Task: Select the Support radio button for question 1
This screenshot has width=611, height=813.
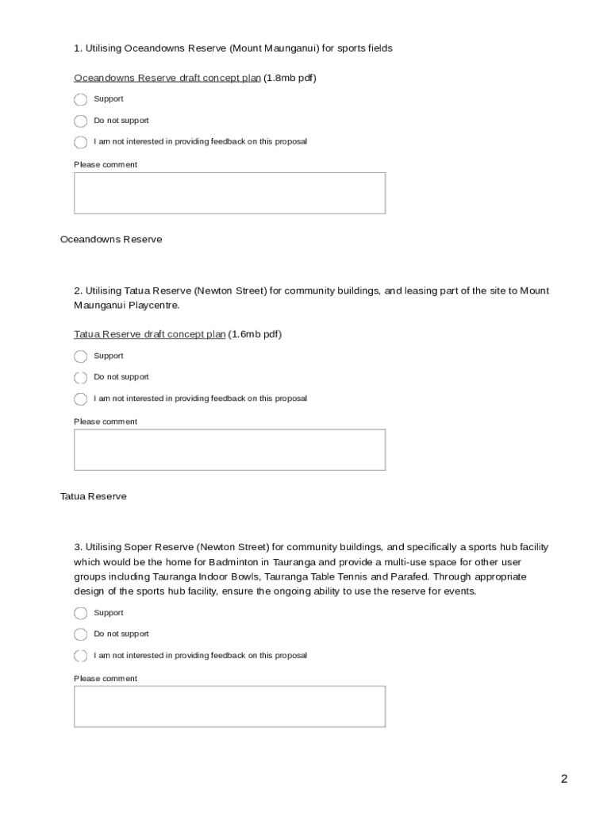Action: coord(80,100)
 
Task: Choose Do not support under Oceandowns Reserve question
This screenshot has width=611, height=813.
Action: coord(80,121)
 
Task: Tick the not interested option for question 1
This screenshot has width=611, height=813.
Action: coord(80,143)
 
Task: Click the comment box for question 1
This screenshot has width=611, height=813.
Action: coord(229,193)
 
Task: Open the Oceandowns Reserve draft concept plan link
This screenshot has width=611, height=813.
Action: coord(167,78)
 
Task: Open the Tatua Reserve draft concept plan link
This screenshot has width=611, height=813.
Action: coord(149,334)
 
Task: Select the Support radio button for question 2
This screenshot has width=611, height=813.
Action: coord(80,356)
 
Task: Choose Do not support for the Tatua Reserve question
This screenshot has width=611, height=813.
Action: coord(80,378)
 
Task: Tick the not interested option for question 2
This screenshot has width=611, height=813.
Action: coord(80,399)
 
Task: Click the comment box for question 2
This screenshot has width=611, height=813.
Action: coord(229,450)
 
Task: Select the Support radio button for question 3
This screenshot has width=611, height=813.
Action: coord(80,614)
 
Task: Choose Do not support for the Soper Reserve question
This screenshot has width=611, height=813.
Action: coord(80,634)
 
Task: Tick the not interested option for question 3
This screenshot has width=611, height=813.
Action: coord(80,656)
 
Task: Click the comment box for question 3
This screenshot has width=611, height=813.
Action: coord(229,707)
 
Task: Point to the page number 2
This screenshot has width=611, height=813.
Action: coord(564,779)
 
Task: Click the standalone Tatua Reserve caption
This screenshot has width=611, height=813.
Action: coord(93,496)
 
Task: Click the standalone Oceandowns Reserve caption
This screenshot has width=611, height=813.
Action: coord(111,239)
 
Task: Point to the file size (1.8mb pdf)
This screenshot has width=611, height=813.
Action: coord(290,78)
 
